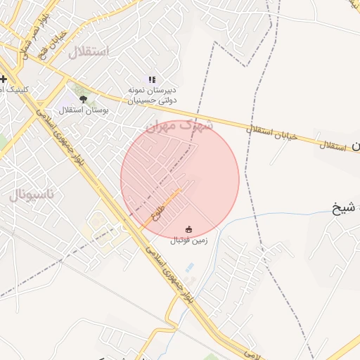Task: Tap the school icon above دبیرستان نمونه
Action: click(x=152, y=79)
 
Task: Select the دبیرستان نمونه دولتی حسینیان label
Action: click(x=151, y=96)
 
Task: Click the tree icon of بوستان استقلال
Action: click(x=84, y=99)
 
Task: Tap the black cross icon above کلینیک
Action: click(x=4, y=78)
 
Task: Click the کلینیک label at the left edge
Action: click(x=14, y=89)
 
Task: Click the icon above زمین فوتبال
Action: click(x=188, y=229)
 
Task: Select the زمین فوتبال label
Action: click(x=188, y=240)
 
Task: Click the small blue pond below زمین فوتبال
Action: click(x=190, y=268)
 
